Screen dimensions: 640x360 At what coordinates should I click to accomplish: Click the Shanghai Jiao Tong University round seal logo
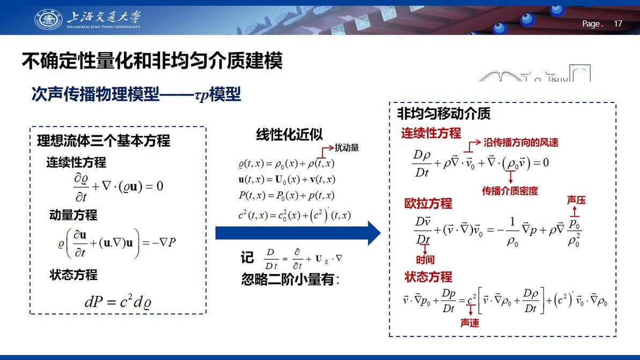48,19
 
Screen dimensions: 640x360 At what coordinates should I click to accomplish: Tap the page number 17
618,24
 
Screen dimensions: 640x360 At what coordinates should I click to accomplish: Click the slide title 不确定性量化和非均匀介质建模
152,61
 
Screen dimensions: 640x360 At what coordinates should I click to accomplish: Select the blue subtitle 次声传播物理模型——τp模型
136,94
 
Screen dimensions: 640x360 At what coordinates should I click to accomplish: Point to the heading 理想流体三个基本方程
104,141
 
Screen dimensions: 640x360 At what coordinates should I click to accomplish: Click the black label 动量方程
74,215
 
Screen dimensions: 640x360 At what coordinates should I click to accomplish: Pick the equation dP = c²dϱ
118,302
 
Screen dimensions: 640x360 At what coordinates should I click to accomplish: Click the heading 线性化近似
289,135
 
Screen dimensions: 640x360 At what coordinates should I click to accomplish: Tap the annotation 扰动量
346,148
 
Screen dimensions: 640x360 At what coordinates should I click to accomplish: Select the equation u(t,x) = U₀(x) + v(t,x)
287,179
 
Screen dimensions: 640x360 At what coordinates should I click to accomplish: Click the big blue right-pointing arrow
298,233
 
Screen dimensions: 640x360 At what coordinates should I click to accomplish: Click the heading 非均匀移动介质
443,113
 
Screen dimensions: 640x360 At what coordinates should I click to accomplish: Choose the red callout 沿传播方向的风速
521,142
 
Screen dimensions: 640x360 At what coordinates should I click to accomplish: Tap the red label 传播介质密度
510,191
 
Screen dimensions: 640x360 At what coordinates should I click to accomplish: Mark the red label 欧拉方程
428,203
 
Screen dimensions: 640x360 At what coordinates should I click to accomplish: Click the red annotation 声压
576,200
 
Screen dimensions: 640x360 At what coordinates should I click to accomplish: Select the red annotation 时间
425,260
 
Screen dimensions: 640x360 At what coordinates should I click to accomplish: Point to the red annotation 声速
470,323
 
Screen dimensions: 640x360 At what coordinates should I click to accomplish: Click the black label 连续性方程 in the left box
76,162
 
